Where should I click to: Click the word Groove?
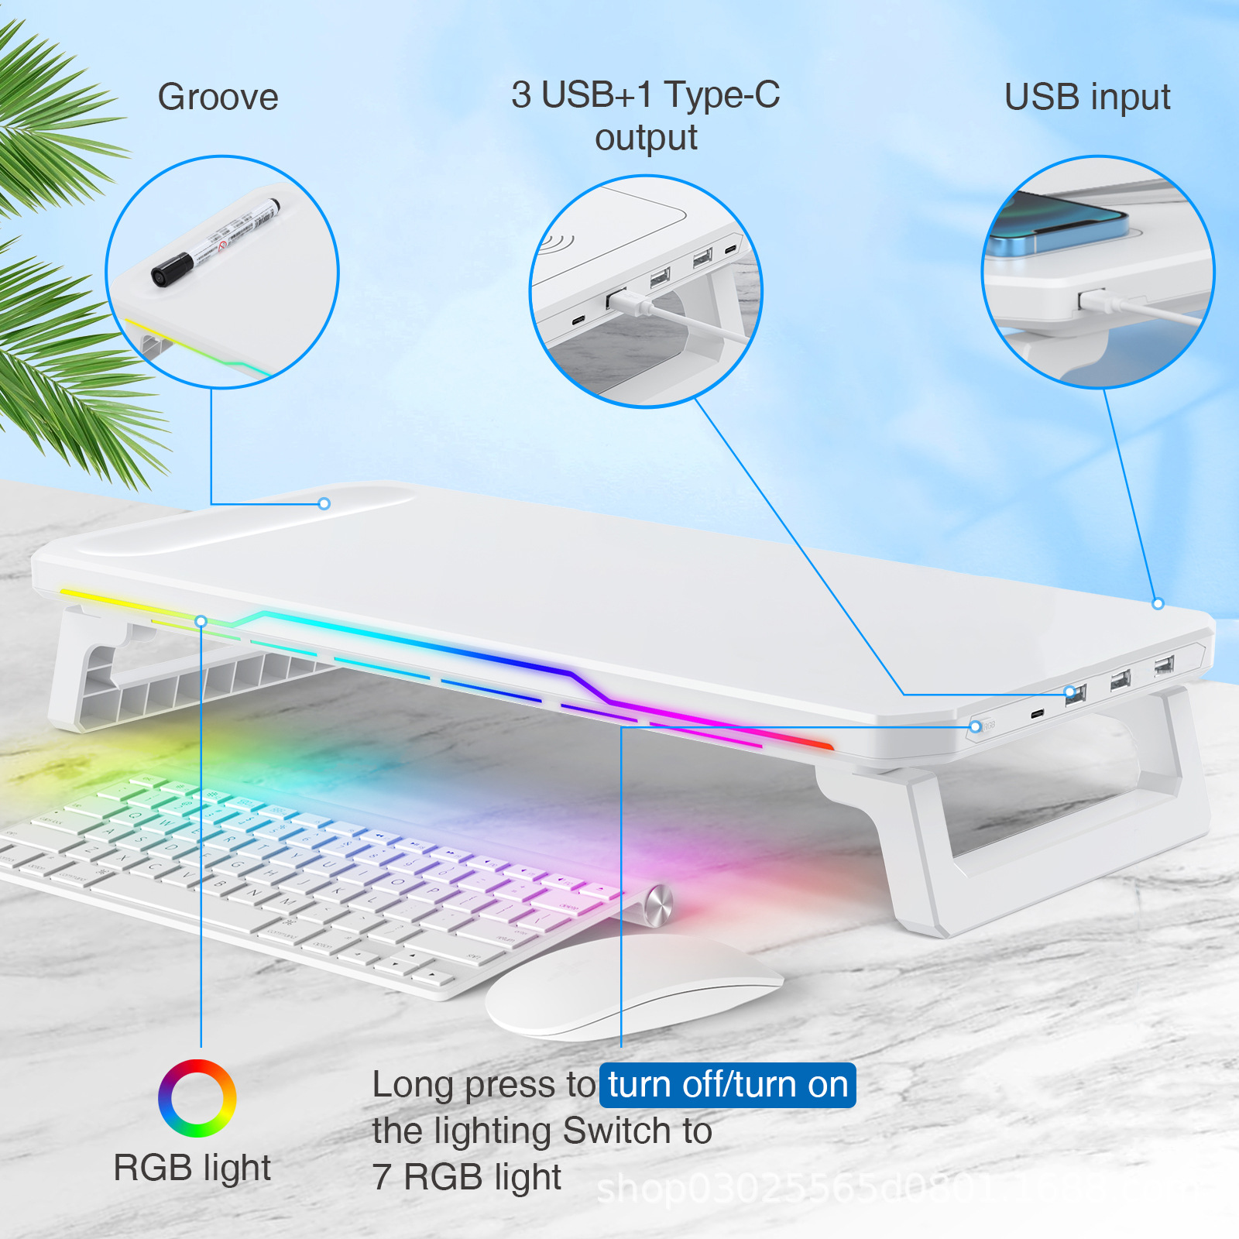218,98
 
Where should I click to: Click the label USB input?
1086,98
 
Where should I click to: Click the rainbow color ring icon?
197,1098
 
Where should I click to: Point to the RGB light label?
192,1168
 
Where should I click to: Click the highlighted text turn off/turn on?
728,1085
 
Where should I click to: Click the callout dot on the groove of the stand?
324,504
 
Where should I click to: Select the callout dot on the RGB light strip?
201,621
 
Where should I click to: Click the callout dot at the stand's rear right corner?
1158,603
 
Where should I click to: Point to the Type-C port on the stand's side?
1037,713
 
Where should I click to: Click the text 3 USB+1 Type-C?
645,95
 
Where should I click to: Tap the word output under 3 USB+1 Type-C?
646,138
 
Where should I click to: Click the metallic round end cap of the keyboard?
658,904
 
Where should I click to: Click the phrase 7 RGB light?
466,1177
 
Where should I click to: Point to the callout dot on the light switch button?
976,726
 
